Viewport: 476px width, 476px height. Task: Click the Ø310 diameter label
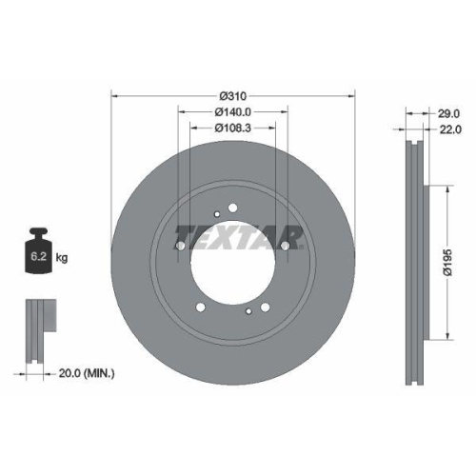[233, 96]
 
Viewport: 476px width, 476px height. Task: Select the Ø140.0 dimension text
[233, 111]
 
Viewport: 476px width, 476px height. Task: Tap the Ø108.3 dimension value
[233, 128]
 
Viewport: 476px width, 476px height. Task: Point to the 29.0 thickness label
[449, 113]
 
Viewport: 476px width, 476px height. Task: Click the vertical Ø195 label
[447, 263]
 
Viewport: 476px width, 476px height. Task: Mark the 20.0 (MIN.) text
[87, 373]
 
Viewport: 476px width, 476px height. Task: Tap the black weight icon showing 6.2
[38, 250]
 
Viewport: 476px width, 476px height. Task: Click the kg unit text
[62, 258]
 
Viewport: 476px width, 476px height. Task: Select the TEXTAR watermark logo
[239, 237]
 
